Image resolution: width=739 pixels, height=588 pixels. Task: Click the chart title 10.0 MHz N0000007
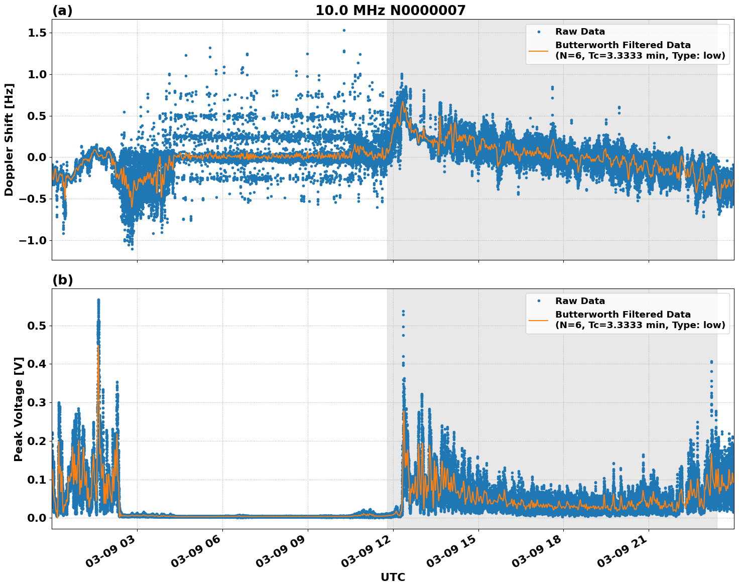tap(390, 11)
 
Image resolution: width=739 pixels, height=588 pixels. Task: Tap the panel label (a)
tap(62, 11)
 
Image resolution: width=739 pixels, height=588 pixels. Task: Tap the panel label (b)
tap(62, 280)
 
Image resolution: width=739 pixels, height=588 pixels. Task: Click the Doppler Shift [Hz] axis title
tap(9, 139)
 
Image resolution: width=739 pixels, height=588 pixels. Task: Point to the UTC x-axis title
tap(393, 577)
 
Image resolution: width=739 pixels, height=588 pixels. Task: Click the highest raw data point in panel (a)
tap(344, 30)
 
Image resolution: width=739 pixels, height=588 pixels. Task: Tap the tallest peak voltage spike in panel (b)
tap(98, 300)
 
